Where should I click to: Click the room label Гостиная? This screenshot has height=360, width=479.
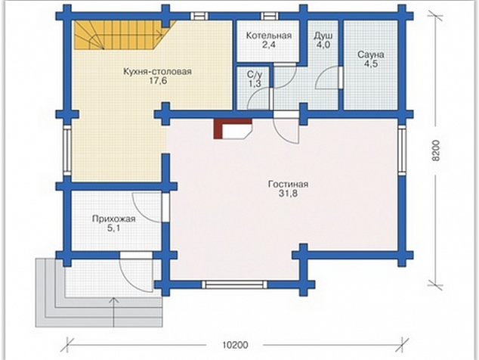coord(288,184)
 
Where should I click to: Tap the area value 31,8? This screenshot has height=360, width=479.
coord(288,194)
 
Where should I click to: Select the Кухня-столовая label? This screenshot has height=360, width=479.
coord(157,72)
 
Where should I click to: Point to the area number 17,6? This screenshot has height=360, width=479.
coord(158,81)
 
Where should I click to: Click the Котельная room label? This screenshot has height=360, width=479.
coord(269,36)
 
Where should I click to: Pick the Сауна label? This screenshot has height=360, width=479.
coord(370,54)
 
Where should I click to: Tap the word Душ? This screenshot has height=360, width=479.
coord(323,36)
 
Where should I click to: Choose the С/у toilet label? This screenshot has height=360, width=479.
coord(255,74)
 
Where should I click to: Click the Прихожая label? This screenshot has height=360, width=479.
coord(113,219)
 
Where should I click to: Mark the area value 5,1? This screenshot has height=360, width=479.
coord(113,228)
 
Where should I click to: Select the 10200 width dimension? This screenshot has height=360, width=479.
coord(235,345)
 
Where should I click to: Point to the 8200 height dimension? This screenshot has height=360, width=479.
coord(437,151)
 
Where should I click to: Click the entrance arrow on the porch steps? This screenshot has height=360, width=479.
coord(113,312)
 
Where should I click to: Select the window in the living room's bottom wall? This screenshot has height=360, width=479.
coord(234,285)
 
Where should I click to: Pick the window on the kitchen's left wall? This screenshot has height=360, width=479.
coord(67,151)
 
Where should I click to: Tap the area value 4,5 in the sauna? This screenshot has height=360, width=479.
coord(370,64)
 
